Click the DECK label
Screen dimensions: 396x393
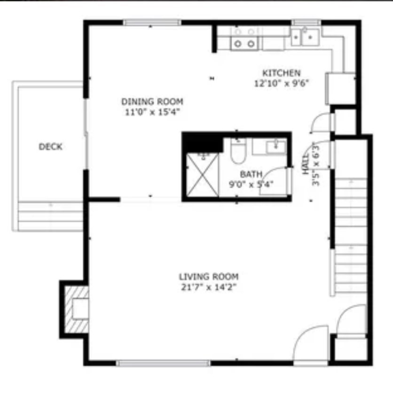(50, 147)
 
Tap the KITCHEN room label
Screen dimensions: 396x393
(281, 73)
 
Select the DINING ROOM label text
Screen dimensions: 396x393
(152, 101)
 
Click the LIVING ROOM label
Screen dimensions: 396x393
(208, 276)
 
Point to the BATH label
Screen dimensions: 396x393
(251, 174)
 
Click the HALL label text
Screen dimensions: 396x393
(306, 164)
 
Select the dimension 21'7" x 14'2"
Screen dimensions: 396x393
(208, 287)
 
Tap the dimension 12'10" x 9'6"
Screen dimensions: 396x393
(281, 83)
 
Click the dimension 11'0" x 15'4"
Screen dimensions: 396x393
(152, 112)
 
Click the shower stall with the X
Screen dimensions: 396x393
(203, 174)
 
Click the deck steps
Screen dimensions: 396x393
(51, 215)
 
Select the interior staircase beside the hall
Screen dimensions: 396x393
(351, 235)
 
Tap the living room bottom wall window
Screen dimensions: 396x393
(164, 363)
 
